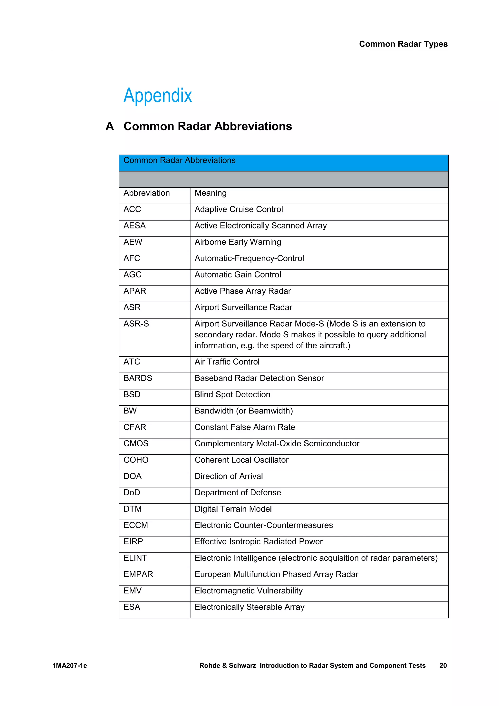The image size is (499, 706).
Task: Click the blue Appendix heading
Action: coord(158,95)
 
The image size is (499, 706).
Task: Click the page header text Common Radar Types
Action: coord(403,44)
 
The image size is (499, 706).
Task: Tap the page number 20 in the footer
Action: coord(443,666)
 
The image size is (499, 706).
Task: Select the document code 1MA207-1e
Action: coord(70,666)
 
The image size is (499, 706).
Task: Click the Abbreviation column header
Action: coord(147,193)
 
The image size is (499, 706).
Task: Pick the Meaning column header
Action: coord(211,193)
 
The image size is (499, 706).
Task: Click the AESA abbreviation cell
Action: coord(134,226)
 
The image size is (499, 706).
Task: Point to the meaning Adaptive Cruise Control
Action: coord(239,209)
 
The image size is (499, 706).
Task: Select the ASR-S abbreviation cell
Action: coord(136,324)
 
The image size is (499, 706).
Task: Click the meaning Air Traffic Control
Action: coord(227,362)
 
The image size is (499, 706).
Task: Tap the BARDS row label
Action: coord(138,378)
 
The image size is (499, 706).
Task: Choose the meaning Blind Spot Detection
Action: coord(232,394)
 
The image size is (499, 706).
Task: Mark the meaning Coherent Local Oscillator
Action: coord(241,460)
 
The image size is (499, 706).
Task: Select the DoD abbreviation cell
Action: coord(132,493)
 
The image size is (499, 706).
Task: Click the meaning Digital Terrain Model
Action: coord(233,509)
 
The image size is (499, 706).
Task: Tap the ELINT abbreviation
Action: coord(135,558)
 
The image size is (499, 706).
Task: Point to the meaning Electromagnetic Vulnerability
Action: coord(248,591)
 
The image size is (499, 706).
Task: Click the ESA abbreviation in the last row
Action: coord(132,607)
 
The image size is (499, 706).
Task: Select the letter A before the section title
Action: coord(110,126)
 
